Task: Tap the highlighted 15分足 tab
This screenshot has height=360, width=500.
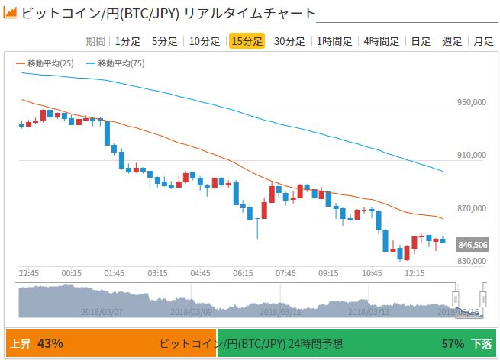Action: [247, 41]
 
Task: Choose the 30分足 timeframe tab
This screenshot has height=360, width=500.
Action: [289, 41]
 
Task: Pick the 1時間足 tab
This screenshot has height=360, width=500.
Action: [334, 41]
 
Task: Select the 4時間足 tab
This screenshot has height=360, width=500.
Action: [382, 41]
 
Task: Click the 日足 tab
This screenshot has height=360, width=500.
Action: [421, 41]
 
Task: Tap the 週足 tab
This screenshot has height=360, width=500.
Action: [453, 41]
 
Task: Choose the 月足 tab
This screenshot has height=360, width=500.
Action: [483, 41]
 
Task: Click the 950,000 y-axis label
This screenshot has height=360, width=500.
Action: [471, 102]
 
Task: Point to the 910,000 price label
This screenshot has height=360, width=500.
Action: [471, 156]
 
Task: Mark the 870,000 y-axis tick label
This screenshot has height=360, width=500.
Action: [471, 208]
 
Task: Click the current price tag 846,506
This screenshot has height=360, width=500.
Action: [473, 245]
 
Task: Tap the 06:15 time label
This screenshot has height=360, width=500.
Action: [244, 273]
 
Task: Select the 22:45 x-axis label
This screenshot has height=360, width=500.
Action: [29, 273]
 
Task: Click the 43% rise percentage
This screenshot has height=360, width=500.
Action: [50, 344]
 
